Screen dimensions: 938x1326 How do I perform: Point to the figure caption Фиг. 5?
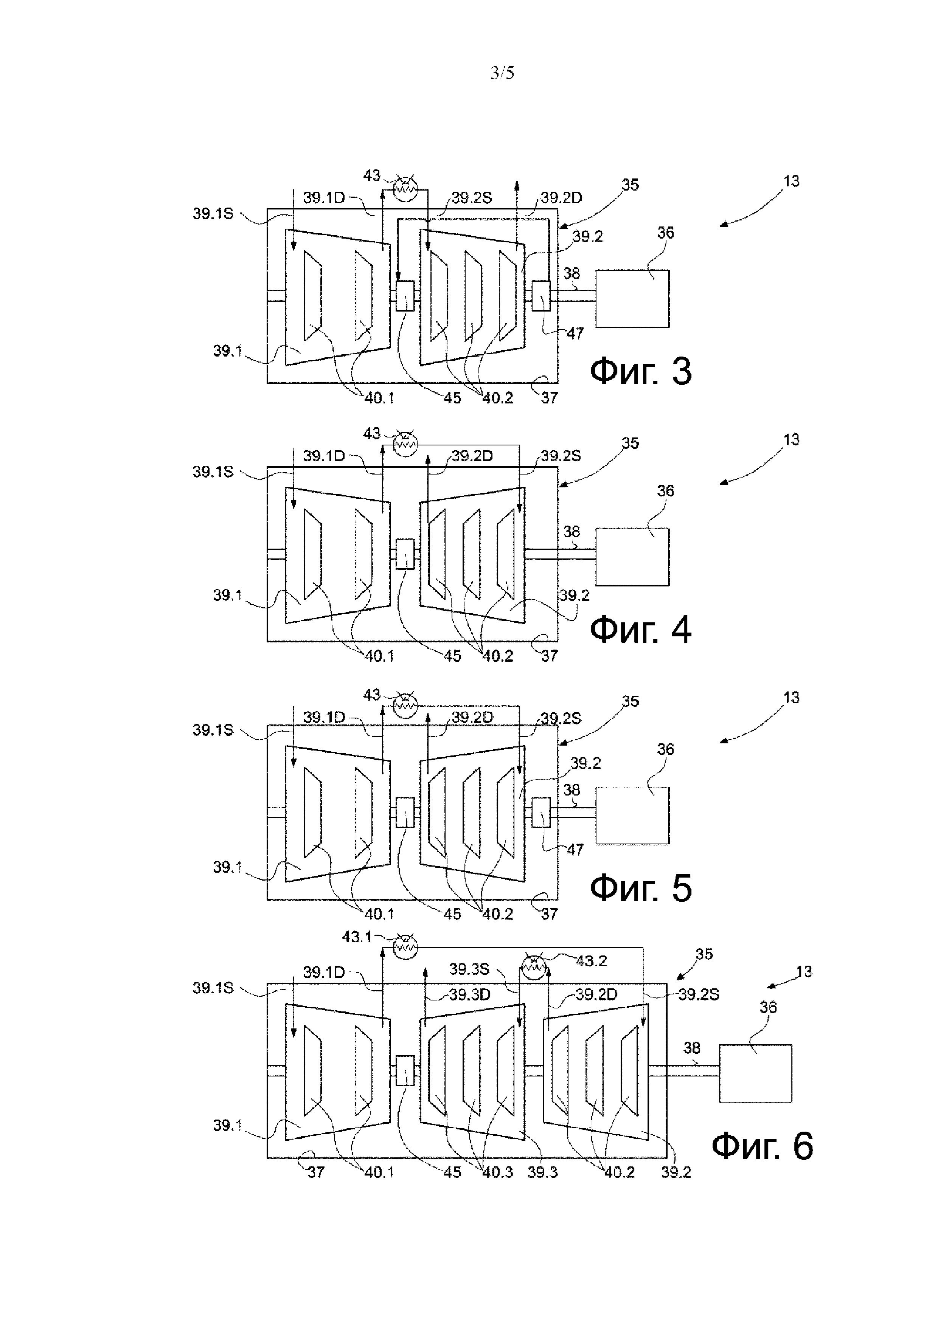(x=641, y=888)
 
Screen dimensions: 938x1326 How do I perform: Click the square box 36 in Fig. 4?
(x=632, y=557)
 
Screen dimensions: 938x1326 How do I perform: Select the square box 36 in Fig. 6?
(x=755, y=1073)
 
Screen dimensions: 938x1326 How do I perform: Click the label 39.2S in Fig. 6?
(x=699, y=994)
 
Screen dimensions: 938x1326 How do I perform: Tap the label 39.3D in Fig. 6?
(x=470, y=994)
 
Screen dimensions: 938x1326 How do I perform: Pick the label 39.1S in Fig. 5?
(x=213, y=730)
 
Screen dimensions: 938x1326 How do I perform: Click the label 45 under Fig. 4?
(x=452, y=656)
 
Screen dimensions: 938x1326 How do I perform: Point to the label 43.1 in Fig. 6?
(x=357, y=937)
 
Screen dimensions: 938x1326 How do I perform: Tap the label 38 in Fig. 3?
(x=572, y=273)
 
